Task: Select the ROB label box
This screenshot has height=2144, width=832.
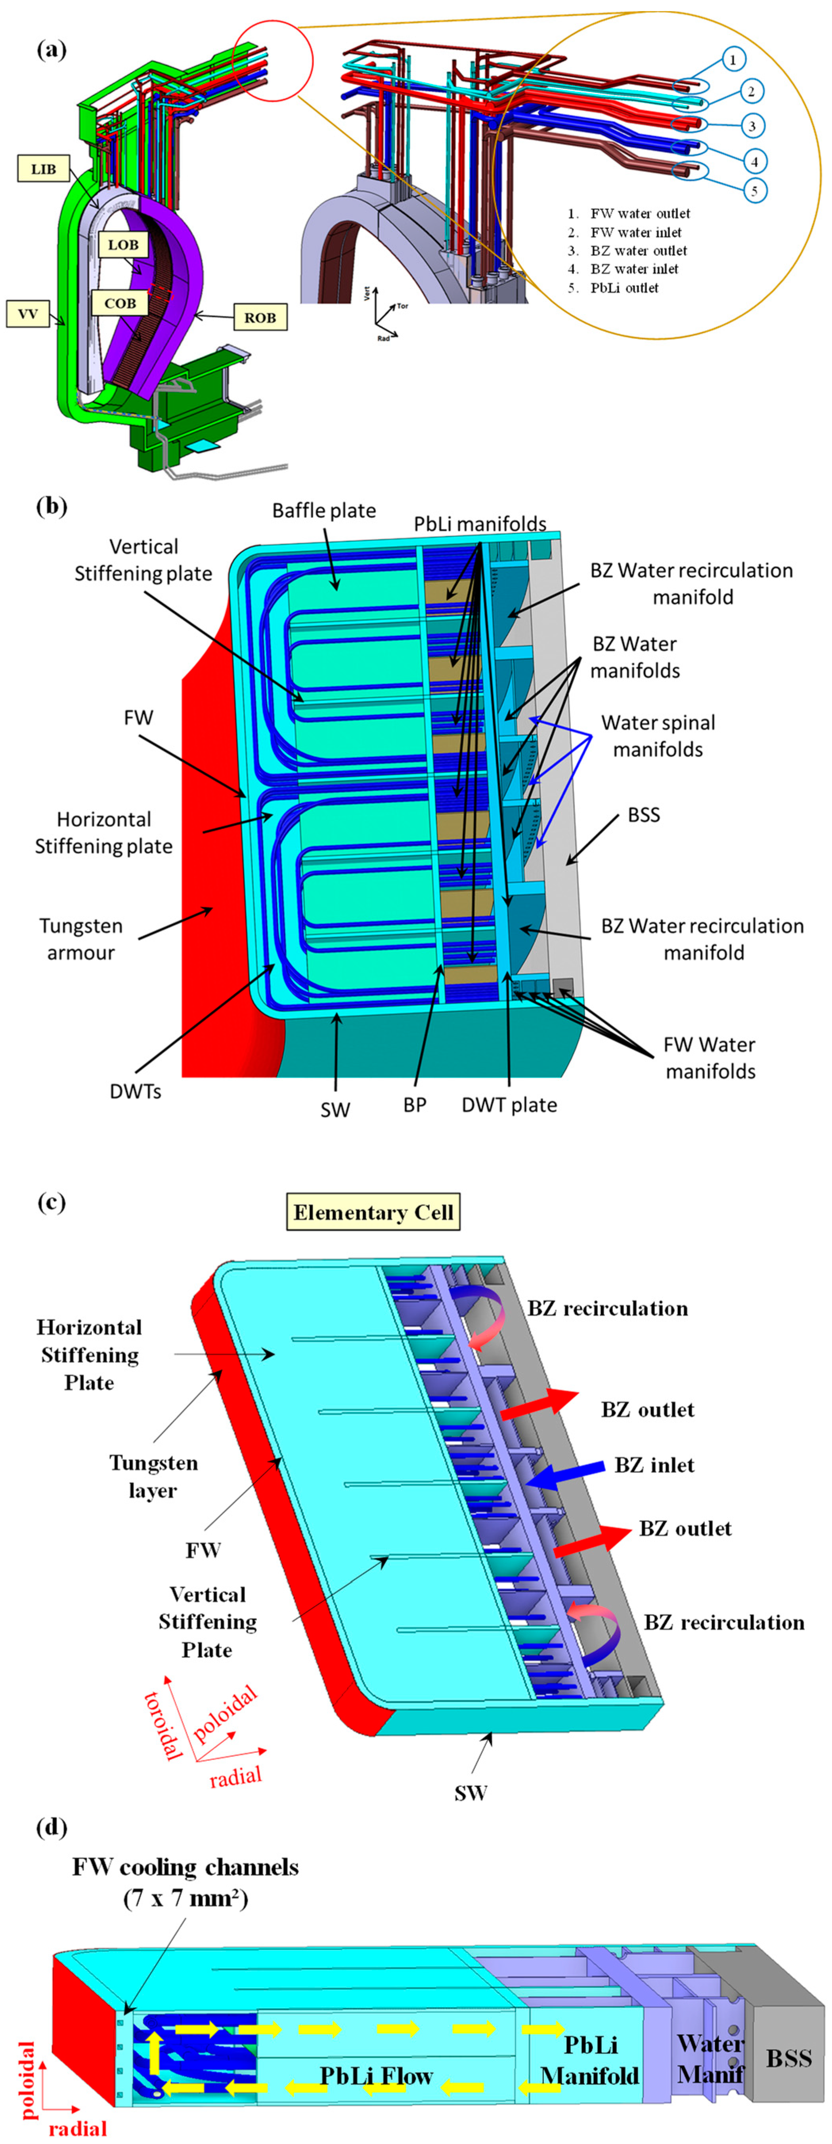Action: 260,317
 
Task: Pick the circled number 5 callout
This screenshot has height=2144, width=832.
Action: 755,190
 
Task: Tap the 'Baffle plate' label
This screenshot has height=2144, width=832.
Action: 324,510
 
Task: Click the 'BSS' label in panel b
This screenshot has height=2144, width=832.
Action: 644,815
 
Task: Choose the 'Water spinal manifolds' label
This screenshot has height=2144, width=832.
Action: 658,736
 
